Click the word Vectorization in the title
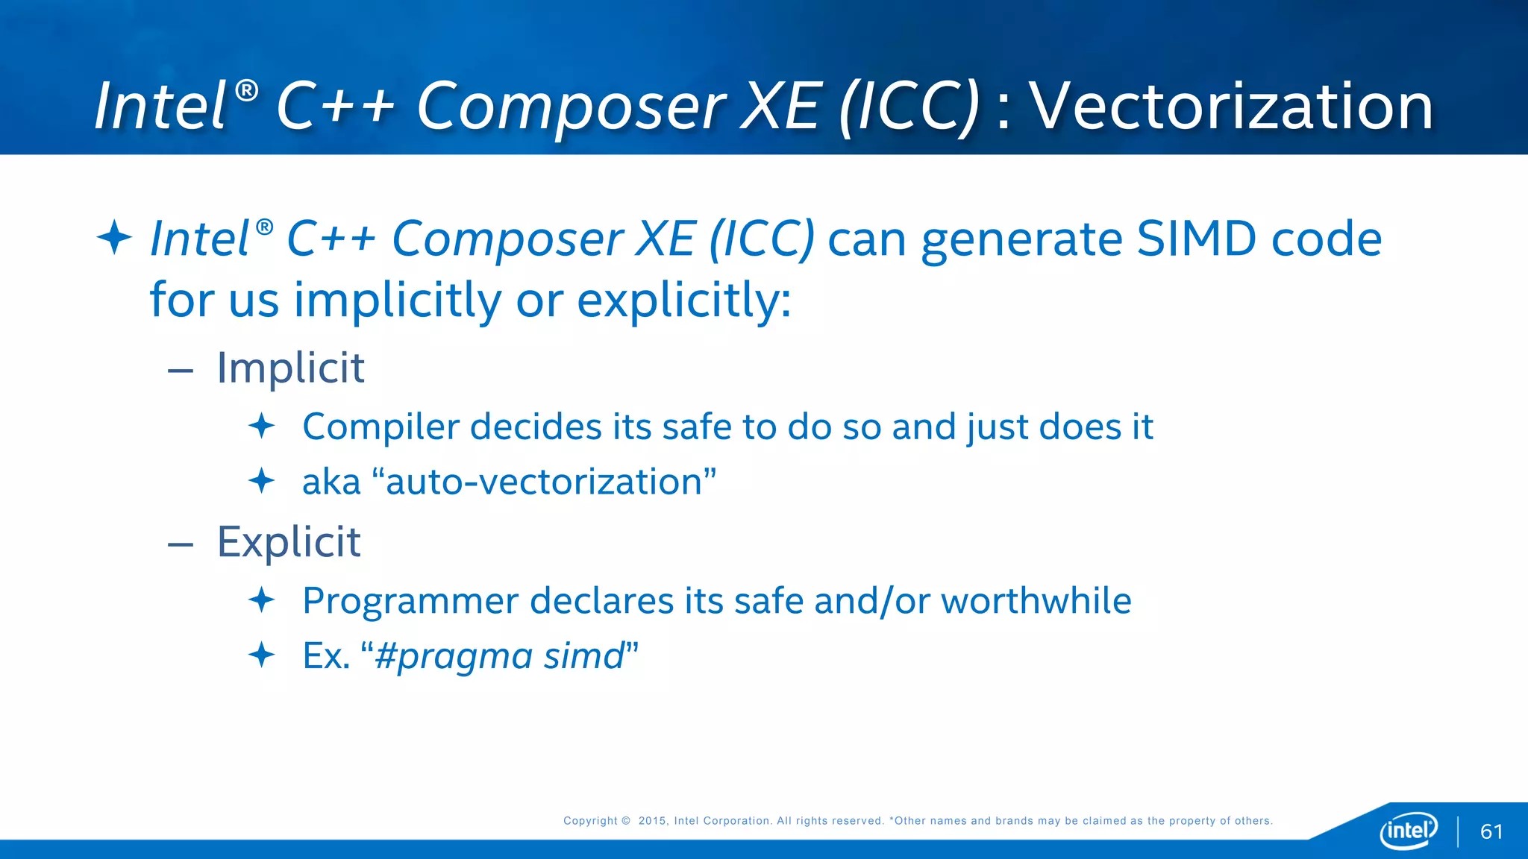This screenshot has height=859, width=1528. [1231, 106]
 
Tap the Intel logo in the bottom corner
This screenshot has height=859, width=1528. [1408, 830]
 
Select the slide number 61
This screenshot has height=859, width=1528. [1491, 831]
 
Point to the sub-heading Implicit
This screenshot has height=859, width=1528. [290, 368]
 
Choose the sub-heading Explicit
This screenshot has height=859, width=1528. [289, 542]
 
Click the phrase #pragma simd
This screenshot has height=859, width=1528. [499, 656]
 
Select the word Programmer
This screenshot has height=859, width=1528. [410, 601]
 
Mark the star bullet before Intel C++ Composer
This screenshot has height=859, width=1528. [114, 238]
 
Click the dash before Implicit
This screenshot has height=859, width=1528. [181, 371]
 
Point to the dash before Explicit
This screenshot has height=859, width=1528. [181, 545]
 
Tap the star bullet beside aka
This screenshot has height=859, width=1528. [261, 481]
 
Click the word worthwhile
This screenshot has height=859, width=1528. [1036, 601]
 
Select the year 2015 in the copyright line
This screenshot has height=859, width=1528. [651, 821]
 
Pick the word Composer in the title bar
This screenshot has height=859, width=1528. [571, 107]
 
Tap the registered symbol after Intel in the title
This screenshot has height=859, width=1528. [246, 92]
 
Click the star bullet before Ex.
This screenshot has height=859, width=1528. [261, 655]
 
